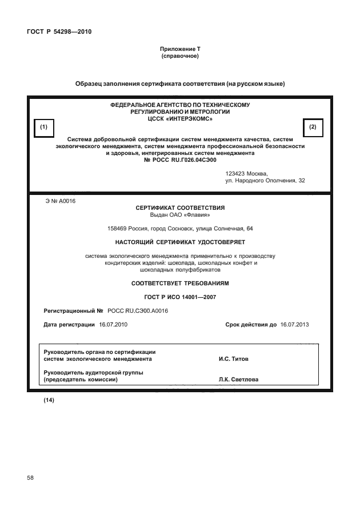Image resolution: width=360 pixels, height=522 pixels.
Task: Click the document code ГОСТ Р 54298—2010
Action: point(59,31)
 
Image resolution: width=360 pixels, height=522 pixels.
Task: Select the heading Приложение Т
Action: point(179,50)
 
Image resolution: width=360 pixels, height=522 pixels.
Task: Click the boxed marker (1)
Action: point(43,127)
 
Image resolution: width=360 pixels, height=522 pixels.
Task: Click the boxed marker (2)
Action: point(312,127)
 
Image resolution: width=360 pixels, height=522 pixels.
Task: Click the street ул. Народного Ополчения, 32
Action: point(265,181)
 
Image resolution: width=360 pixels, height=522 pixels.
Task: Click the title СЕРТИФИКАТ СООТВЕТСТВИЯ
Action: point(179,208)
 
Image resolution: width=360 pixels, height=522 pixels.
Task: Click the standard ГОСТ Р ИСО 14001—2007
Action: point(179,297)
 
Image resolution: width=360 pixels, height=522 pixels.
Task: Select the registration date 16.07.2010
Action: point(113,324)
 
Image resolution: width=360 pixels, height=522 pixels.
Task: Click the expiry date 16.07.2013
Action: point(295,324)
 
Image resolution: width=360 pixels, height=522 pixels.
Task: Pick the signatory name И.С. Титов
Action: point(233,360)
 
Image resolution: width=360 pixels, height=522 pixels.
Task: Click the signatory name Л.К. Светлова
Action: point(238,379)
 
